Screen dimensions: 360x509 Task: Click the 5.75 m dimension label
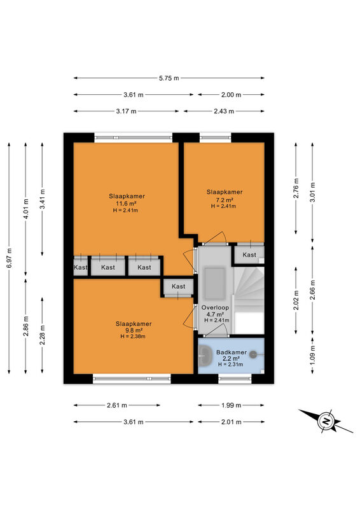pyautogui.click(x=169, y=78)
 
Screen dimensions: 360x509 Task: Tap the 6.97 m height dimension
pyautogui.click(x=9, y=258)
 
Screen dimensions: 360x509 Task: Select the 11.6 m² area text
pyautogui.click(x=127, y=204)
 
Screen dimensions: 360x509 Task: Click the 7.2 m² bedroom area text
pyautogui.click(x=225, y=200)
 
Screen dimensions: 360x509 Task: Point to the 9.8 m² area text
pyautogui.click(x=134, y=330)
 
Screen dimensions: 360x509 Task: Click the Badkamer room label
pyautogui.click(x=232, y=352)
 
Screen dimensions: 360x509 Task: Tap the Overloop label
pyautogui.click(x=215, y=307)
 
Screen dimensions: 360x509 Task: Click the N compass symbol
pyautogui.click(x=326, y=421)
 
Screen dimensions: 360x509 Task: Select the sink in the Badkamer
pyautogui.click(x=204, y=355)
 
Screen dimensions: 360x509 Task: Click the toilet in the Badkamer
pyautogui.click(x=255, y=355)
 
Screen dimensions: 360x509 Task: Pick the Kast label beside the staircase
pyautogui.click(x=249, y=255)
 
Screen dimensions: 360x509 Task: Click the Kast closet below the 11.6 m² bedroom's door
pyautogui.click(x=178, y=287)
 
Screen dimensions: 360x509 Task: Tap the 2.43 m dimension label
pyautogui.click(x=224, y=111)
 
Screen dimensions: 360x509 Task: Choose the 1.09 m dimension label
pyautogui.click(x=312, y=356)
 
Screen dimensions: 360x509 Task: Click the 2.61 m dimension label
pyautogui.click(x=117, y=405)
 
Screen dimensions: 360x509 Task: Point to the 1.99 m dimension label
pyautogui.click(x=231, y=405)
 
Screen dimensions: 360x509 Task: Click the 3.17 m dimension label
pyautogui.click(x=127, y=111)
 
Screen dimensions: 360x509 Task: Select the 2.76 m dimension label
pyautogui.click(x=296, y=188)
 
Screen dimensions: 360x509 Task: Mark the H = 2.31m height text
pyautogui.click(x=230, y=365)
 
